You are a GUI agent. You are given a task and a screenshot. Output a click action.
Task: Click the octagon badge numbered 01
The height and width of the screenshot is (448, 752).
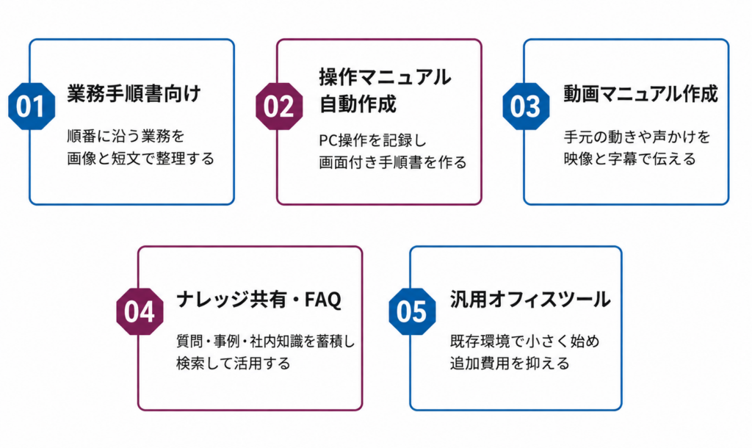click(32, 106)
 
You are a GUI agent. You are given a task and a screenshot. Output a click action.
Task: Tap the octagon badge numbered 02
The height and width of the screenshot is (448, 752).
click(278, 106)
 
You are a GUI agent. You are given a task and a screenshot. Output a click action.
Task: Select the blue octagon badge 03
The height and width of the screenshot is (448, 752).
click(526, 106)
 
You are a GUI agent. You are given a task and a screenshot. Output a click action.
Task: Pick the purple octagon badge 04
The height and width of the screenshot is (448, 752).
click(140, 311)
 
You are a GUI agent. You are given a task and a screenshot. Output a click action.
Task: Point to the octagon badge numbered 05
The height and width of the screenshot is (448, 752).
click(412, 311)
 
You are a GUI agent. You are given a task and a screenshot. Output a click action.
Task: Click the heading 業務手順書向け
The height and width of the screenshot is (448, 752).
click(134, 93)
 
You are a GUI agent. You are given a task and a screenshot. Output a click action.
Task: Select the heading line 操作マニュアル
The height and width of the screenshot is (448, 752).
click(385, 77)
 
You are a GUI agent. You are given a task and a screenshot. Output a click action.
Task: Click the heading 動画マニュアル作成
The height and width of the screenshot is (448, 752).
click(640, 93)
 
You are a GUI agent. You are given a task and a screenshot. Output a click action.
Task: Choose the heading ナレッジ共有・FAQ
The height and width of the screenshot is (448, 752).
click(258, 300)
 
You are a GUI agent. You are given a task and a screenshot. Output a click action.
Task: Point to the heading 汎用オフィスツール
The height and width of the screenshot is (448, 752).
click(530, 300)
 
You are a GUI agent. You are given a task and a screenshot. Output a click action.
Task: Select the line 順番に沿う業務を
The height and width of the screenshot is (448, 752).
click(126, 136)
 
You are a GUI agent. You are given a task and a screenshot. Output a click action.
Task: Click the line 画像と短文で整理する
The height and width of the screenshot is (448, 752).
click(140, 159)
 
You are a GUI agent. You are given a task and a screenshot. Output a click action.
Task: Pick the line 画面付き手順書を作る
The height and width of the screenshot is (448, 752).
click(392, 162)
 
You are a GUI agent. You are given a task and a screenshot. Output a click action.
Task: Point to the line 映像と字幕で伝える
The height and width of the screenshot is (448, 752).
click(629, 159)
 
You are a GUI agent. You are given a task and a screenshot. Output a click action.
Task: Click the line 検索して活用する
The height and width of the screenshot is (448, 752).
click(233, 363)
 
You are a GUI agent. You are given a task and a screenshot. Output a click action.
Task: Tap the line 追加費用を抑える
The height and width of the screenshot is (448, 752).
click(510, 363)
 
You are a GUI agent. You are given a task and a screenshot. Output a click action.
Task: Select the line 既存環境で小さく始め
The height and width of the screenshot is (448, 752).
click(524, 341)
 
